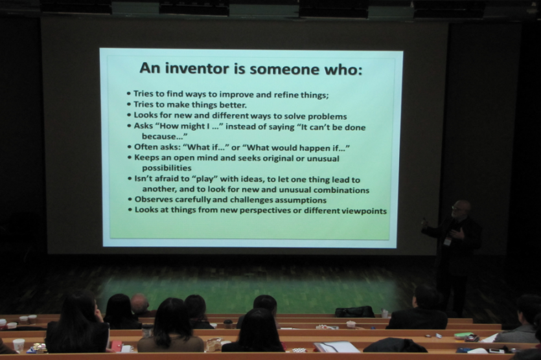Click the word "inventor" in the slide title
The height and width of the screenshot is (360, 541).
pos(197,68)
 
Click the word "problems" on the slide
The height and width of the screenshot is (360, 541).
pos(327,117)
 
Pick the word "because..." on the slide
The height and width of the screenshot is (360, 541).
pos(165,136)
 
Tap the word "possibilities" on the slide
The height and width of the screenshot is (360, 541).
pos(167,168)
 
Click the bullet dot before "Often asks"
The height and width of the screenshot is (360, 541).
pos(130,147)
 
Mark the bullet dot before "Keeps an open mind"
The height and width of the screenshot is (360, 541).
pos(130,157)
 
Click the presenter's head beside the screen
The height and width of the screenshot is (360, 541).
pos(461,208)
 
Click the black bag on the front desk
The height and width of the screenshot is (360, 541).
pos(354,311)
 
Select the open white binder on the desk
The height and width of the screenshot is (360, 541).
pos(336,346)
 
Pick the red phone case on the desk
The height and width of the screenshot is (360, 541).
pos(116,346)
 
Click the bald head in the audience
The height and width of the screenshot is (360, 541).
pos(139,302)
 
